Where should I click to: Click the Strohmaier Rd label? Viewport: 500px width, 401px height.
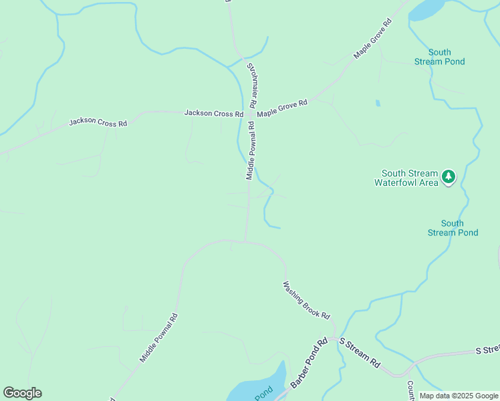253,86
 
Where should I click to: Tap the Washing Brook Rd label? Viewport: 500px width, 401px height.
307,300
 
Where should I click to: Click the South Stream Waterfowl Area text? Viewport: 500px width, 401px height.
406,177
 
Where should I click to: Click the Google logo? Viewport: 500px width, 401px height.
22,393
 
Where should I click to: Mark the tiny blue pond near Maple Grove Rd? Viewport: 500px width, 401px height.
378,104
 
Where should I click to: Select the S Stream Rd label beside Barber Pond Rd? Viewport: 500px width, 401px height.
359,354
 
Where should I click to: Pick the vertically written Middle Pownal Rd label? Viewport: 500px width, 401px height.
251,155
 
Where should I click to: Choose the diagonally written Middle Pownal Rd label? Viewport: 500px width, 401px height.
158,338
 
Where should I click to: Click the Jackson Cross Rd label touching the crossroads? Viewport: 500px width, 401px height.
214,114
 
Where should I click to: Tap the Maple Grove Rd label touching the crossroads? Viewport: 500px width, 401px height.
282,108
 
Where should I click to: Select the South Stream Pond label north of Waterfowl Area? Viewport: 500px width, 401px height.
439,57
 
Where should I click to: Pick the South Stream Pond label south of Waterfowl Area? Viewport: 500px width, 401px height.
453,228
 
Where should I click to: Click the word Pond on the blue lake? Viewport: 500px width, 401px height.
263,392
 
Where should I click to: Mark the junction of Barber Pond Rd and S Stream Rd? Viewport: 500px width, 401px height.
332,340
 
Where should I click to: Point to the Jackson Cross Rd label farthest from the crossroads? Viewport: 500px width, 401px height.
98,124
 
